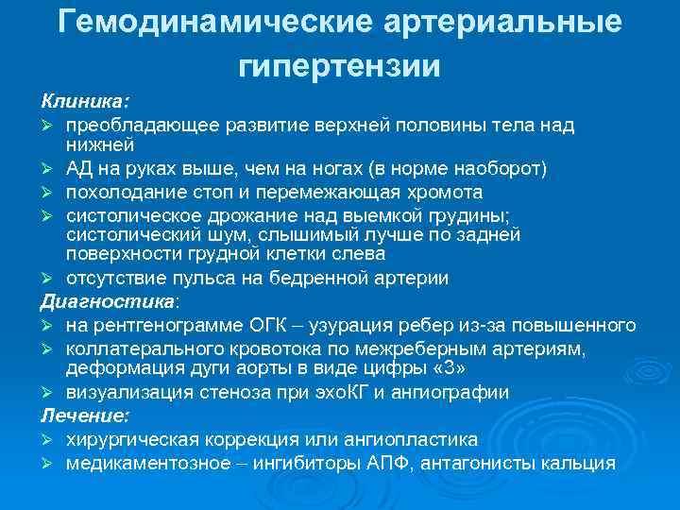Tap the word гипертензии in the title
click(x=340, y=66)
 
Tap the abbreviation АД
click(x=79, y=169)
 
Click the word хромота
click(x=445, y=192)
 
